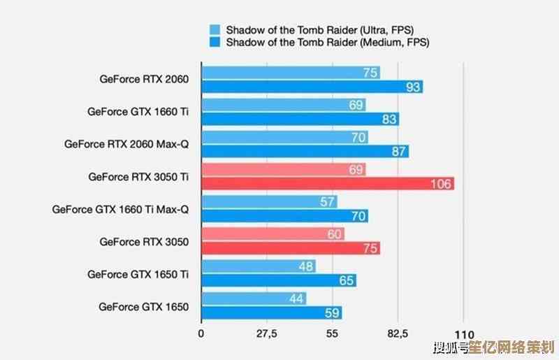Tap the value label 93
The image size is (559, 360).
click(413, 87)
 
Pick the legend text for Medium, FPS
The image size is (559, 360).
click(328, 42)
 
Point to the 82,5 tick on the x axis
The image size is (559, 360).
click(398, 334)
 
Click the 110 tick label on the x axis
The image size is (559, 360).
click(464, 334)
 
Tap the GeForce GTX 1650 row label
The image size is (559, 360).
click(143, 306)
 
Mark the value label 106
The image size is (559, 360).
click(441, 184)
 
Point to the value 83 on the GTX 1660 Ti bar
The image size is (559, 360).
click(390, 120)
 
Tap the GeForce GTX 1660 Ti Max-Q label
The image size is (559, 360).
click(120, 209)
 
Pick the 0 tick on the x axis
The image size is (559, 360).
click(201, 334)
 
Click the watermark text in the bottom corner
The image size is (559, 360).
click(493, 347)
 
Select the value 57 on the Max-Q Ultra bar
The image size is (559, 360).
click(327, 202)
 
